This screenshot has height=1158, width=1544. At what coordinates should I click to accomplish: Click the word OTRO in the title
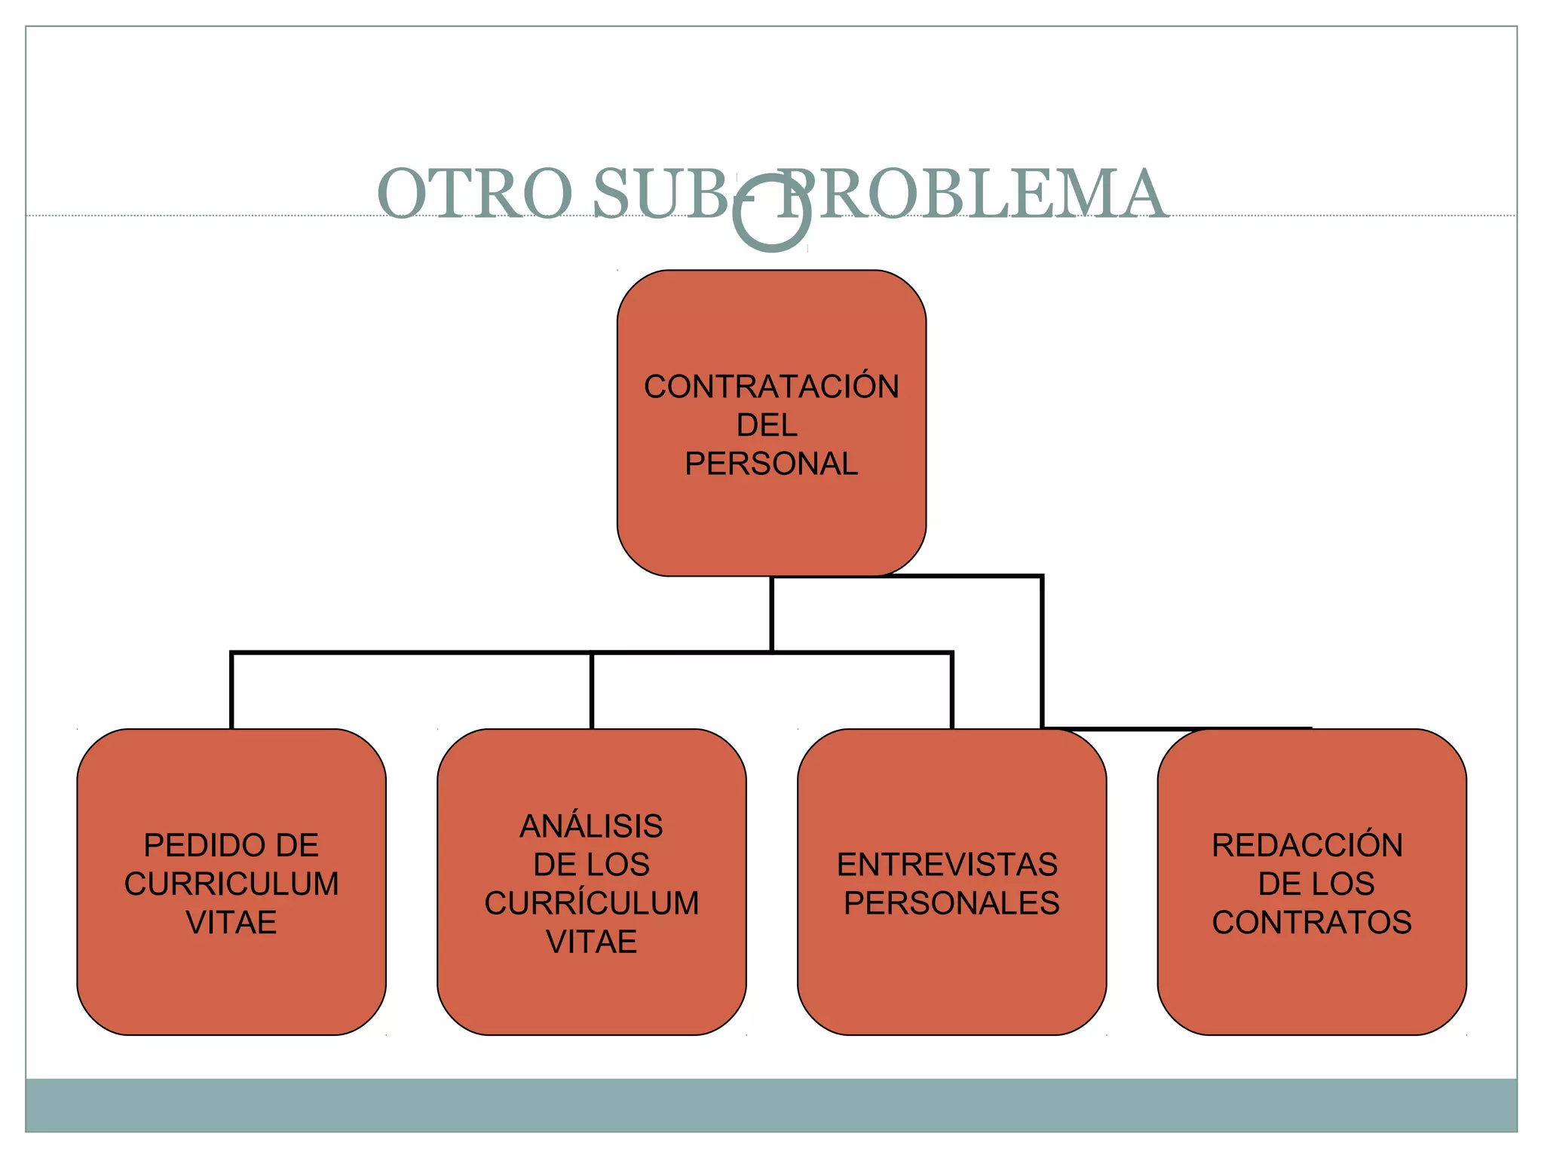coord(475,194)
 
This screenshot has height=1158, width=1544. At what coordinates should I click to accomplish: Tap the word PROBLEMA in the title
coord(973,194)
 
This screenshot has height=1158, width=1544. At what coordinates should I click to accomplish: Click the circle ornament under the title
coord(772,213)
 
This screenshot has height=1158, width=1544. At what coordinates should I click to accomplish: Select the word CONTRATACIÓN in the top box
coord(771,387)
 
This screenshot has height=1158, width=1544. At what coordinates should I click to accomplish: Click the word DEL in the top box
coord(767,425)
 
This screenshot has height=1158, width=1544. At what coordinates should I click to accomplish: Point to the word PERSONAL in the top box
coord(771,464)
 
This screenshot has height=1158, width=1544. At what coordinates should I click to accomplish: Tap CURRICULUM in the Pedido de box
coord(231,884)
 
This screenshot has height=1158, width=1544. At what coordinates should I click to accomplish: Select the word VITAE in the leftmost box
coord(231,923)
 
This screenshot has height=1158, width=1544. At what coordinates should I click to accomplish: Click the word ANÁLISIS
coord(591,826)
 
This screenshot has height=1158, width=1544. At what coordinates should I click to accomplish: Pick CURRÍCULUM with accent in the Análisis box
coord(591,903)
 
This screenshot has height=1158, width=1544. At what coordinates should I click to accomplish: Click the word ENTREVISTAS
coord(947,865)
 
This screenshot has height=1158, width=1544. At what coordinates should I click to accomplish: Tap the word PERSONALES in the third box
coord(951,903)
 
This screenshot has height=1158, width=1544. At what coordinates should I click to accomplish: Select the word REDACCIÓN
coord(1307,845)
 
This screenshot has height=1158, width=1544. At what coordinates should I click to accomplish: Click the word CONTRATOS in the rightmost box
coord(1312,923)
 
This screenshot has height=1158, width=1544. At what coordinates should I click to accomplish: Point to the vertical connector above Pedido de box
coord(231,690)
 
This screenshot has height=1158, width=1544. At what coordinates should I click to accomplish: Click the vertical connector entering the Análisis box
coord(592,690)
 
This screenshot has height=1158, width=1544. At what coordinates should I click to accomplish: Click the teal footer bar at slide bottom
coord(771,1104)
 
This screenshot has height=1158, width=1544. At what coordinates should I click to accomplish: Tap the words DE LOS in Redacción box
coord(1316,884)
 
